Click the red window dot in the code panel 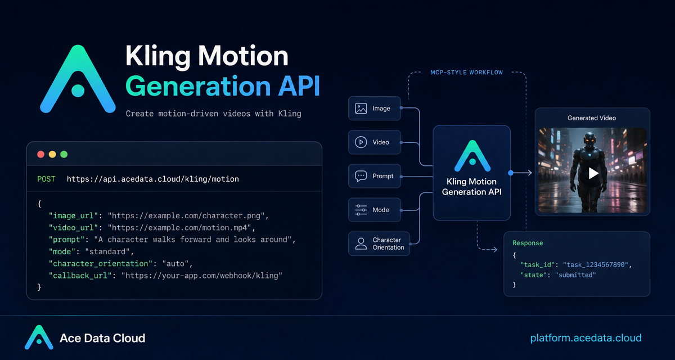40,155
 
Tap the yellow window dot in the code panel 52,155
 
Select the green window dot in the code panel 64,155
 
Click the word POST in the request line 46,179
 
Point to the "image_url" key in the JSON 74,215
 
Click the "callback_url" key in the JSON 80,276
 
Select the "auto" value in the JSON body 175,264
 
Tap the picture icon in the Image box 361,109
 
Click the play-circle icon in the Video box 361,142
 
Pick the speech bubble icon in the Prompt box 361,176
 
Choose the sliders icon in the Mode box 361,210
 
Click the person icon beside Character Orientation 361,244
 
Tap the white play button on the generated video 593,173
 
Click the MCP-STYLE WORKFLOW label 466,73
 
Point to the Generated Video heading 592,118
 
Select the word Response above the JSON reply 528,243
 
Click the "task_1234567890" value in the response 596,265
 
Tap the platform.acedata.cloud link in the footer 586,338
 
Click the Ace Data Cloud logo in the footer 39,337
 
